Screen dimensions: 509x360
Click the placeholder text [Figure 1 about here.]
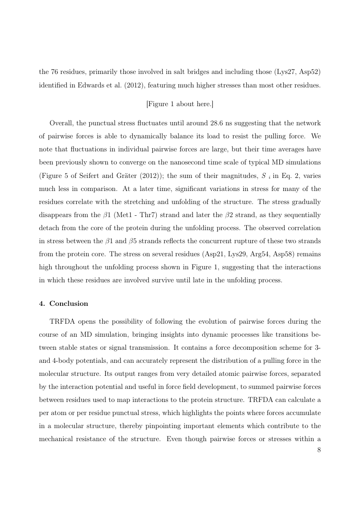coord(180,104)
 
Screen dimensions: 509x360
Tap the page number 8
coord(319,450)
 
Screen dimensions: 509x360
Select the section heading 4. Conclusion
coord(64,303)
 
